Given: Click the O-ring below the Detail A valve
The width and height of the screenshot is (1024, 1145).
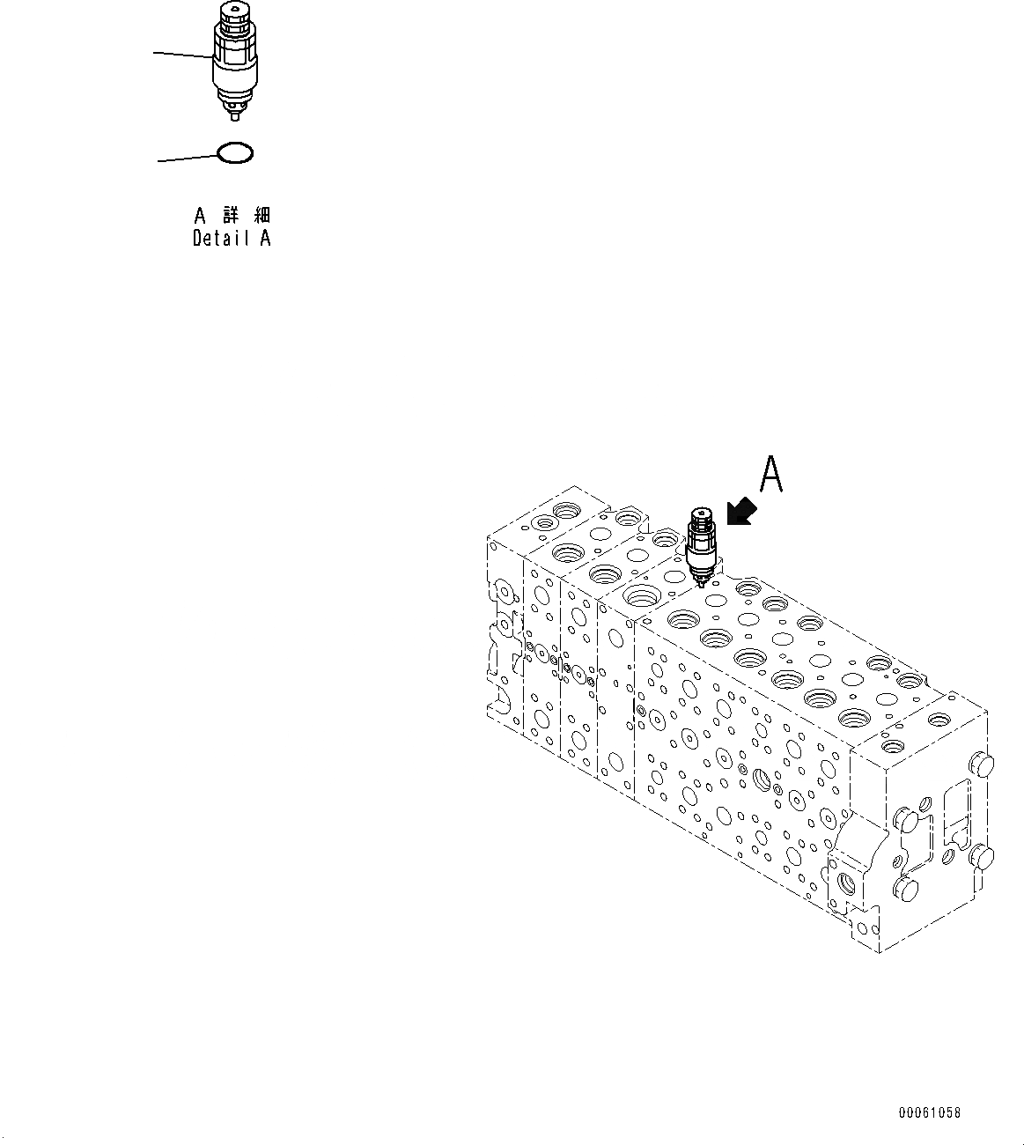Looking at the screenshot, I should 236,154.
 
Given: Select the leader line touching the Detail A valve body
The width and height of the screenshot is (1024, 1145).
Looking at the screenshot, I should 182,55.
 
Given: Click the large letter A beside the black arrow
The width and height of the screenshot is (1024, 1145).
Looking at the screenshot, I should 770,475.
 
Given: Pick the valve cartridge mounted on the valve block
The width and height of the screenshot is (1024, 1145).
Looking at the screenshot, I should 702,546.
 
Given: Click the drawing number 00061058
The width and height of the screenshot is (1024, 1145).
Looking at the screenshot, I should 929,1113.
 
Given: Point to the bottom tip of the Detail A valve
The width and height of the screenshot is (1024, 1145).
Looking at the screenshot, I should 233,114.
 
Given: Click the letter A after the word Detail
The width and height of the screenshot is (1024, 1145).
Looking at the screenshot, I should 265,238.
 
